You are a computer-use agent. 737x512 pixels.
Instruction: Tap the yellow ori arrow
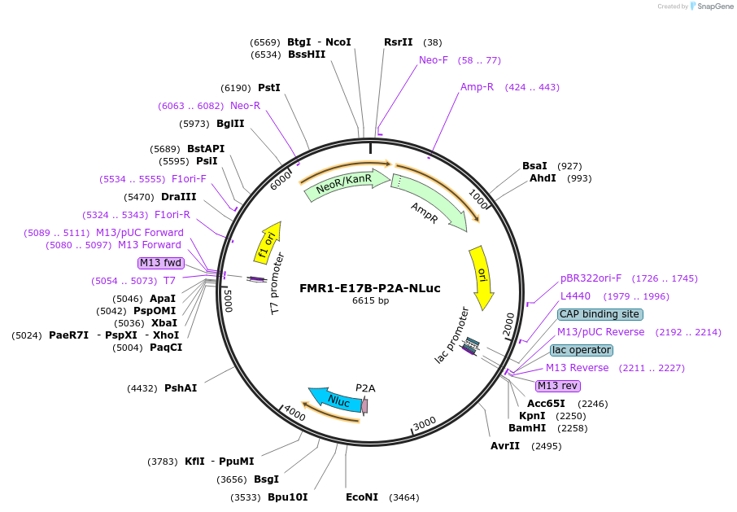(x=482, y=277)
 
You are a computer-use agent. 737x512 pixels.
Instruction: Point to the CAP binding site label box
(x=600, y=314)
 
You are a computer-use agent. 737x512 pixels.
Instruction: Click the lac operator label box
(x=581, y=350)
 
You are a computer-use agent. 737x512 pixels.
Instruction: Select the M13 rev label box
(x=558, y=386)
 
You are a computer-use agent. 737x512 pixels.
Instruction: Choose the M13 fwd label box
(x=160, y=263)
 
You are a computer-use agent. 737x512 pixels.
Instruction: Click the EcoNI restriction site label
(x=362, y=497)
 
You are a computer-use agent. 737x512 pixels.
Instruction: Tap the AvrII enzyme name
(x=505, y=446)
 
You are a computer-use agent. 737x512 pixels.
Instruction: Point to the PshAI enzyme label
(x=181, y=388)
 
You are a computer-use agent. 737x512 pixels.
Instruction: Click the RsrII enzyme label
(x=399, y=42)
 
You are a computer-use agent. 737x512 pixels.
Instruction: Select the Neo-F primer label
(x=434, y=60)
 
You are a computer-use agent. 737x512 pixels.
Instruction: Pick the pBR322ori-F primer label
(x=591, y=278)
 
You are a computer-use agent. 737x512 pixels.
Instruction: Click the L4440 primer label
(x=575, y=296)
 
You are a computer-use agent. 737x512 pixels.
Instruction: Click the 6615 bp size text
(x=370, y=300)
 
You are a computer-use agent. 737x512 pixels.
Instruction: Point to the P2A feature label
(x=365, y=388)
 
